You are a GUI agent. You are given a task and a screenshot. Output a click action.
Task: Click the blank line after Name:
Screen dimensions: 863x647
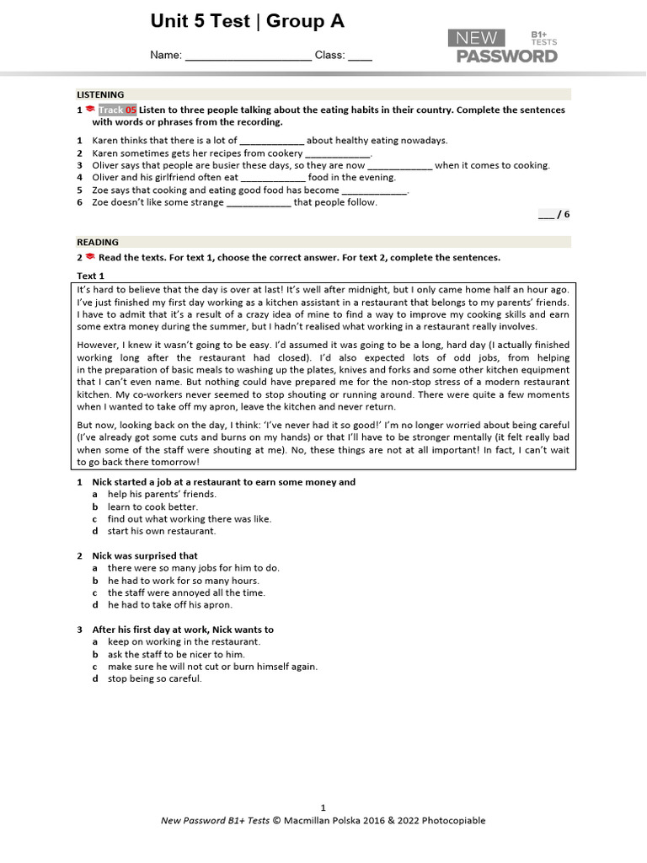(248, 57)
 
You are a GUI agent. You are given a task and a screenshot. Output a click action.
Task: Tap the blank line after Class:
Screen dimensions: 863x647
(360, 57)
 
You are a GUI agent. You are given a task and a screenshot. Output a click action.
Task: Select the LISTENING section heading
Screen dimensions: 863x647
(100, 94)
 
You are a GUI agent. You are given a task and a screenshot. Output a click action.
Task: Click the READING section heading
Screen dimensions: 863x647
(98, 242)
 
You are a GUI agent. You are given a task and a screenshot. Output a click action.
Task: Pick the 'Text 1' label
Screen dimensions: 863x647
(90, 276)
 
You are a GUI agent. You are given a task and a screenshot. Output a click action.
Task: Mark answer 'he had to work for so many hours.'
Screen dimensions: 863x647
(183, 581)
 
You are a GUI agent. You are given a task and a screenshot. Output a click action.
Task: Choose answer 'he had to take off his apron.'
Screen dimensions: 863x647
(169, 605)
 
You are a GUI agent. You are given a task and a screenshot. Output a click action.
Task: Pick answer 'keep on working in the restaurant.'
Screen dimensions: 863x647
(184, 641)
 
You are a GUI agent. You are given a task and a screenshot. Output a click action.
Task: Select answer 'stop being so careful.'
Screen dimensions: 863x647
(154, 678)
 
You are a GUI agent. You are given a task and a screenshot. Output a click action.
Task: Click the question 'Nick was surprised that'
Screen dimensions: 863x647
(145, 555)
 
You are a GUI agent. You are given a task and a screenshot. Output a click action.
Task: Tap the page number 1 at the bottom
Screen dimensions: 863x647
(323, 807)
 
